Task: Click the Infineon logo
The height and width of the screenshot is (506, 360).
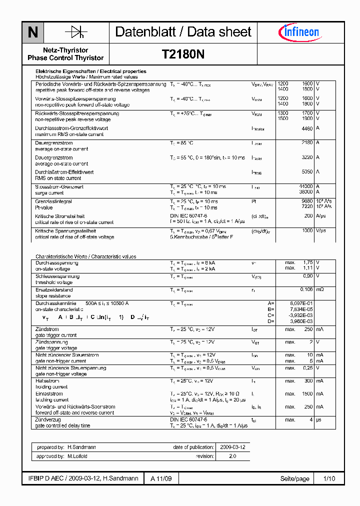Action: click(x=298, y=32)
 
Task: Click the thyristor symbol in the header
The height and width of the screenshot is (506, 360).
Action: click(x=76, y=32)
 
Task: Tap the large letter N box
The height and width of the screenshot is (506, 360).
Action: click(x=32, y=32)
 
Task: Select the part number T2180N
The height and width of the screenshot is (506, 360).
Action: click(x=183, y=54)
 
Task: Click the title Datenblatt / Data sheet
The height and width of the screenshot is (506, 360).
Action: click(x=183, y=32)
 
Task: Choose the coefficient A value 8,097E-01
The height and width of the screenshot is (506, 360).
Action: click(x=301, y=303)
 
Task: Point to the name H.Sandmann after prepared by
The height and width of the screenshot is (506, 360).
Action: click(x=81, y=447)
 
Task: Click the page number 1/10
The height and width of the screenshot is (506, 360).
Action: click(x=329, y=478)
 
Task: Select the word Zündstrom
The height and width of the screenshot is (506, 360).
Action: click(x=47, y=329)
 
